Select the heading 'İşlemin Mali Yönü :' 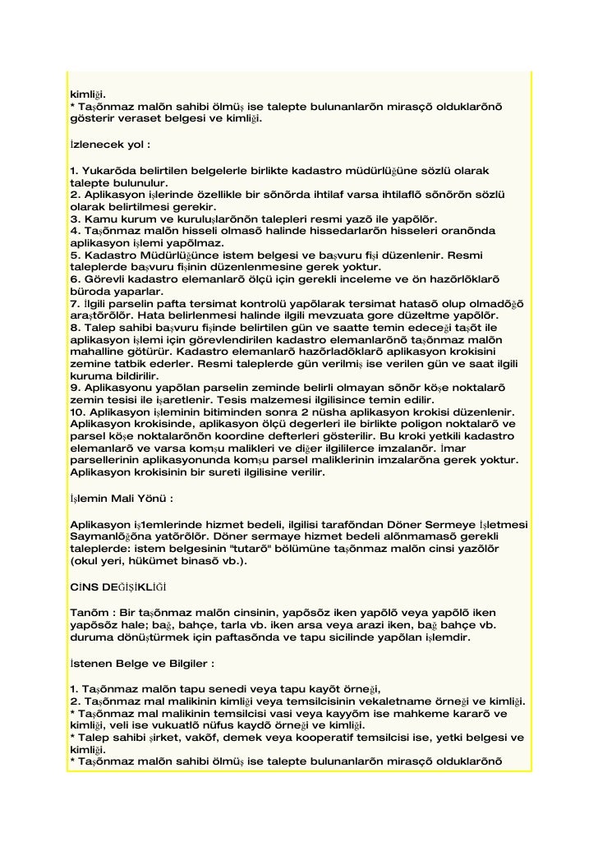coord(121,498)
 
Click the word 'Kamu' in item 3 coord(98,219)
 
